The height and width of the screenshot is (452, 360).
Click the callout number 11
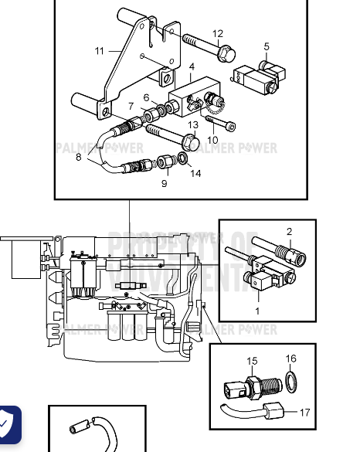point(100,51)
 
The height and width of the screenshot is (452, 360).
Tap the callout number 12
point(218,33)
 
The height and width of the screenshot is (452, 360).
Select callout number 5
point(267,46)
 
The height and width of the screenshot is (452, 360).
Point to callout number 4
point(191,67)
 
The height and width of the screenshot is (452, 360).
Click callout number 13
point(193,124)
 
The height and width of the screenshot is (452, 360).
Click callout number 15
point(252,361)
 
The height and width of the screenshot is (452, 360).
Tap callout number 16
point(291,359)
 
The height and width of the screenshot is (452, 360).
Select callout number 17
point(305,413)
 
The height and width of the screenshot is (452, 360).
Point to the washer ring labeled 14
point(181,160)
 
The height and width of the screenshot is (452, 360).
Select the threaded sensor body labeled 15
point(253,386)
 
